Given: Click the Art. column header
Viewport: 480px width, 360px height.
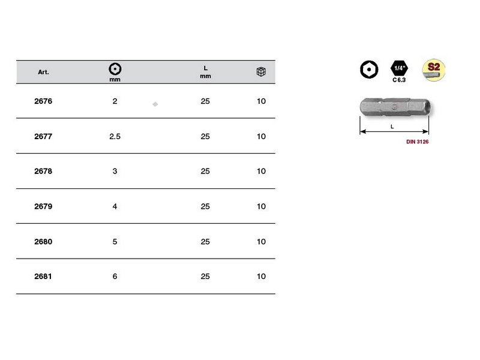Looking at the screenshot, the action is [x=43, y=72].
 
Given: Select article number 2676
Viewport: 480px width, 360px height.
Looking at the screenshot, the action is [x=43, y=101].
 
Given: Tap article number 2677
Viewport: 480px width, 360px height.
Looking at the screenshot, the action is [x=43, y=136].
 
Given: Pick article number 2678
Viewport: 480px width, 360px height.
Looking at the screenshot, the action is [x=43, y=171].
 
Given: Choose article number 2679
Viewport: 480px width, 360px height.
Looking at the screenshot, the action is [x=43, y=206].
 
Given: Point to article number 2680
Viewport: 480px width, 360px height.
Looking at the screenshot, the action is [x=43, y=242].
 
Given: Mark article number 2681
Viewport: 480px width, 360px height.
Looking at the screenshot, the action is [x=43, y=277].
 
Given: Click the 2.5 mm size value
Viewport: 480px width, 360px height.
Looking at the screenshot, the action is [x=115, y=136].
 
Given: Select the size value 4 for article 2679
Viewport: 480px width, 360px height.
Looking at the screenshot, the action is [x=115, y=206].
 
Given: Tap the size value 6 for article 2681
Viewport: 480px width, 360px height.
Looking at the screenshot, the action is [x=115, y=277].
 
